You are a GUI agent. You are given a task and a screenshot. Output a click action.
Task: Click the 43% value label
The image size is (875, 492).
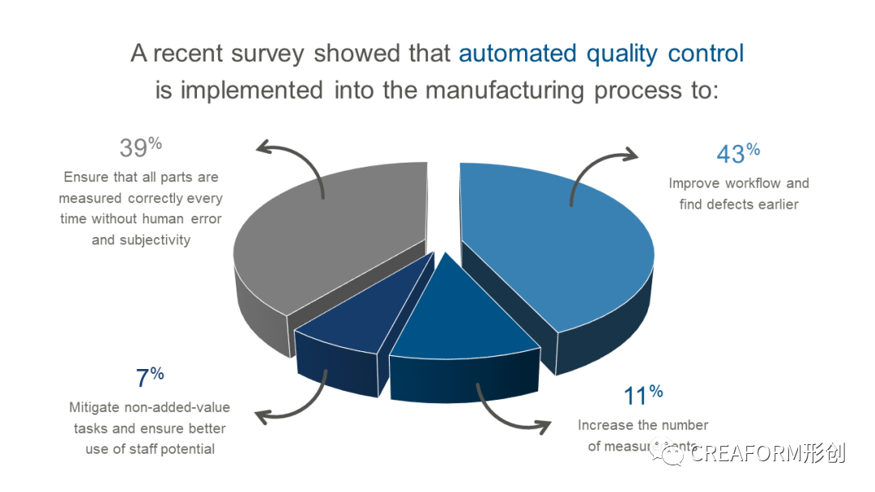(737, 153)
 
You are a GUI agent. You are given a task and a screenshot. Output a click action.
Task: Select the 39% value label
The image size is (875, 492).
(140, 147)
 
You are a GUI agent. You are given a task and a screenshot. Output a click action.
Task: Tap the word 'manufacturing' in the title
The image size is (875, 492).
(503, 89)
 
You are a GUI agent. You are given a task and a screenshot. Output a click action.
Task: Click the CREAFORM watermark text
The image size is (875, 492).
(765, 454)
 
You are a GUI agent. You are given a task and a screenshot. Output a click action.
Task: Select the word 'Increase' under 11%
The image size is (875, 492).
(605, 426)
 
